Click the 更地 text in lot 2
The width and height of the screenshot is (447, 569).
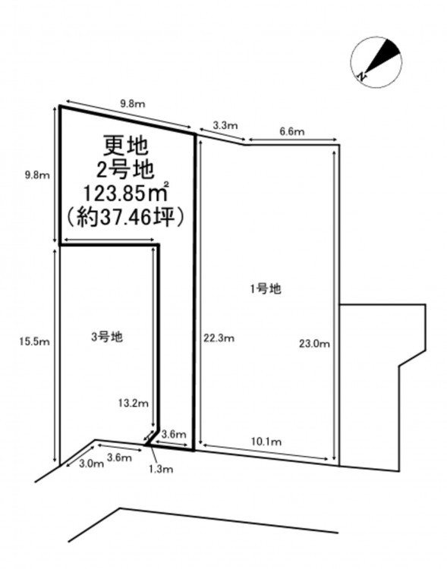126,146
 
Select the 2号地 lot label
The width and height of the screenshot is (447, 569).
125,169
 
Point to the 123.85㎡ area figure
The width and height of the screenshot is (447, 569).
126,193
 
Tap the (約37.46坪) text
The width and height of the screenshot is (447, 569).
125,218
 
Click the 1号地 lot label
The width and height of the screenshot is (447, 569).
265,289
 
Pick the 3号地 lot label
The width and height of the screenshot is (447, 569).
107,337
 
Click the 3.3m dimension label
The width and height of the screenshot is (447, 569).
225,126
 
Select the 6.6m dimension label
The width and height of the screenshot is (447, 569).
292,132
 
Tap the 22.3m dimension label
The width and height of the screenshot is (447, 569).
219,338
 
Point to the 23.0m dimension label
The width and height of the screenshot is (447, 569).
314,343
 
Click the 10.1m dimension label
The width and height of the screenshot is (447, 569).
266,442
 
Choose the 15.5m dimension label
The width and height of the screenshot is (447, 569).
34,341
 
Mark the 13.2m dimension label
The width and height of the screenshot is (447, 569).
134,403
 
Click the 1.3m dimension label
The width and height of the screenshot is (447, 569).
160,469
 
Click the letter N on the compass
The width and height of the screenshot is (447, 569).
361,76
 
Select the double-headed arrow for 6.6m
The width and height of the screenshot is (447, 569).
292,140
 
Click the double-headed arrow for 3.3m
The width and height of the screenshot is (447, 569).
222,134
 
